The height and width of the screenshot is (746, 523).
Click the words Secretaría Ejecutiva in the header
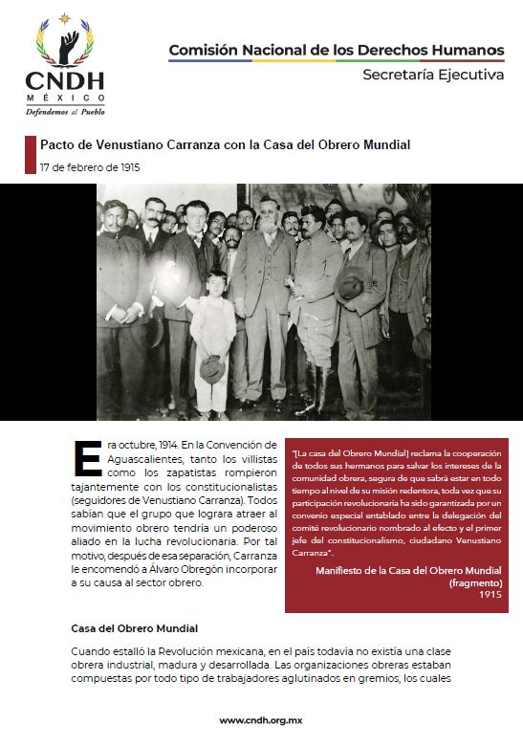coord(432,76)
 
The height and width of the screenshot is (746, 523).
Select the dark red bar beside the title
coord(30,154)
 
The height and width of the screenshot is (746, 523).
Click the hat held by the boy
coord(212,367)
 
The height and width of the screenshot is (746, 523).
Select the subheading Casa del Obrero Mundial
coord(135,628)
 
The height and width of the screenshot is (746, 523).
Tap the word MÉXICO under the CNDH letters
coord(65,98)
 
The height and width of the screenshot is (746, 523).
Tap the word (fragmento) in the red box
coord(475,582)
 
